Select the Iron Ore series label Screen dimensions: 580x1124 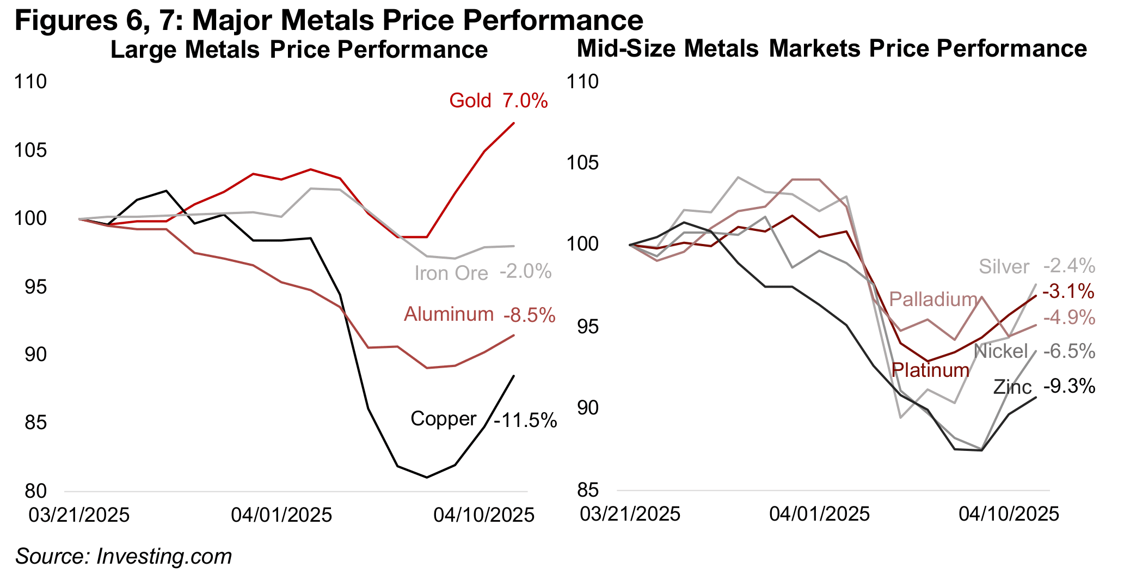[451, 273]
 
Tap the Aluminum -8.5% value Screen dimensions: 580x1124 [529, 315]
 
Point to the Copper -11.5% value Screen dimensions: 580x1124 [525, 420]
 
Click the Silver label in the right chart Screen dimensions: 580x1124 [1004, 267]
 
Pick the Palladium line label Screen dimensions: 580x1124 [933, 299]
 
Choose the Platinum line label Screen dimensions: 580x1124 [930, 370]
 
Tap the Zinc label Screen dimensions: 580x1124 [1012, 387]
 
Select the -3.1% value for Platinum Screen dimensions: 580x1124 [1068, 291]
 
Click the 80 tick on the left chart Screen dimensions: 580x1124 [36, 491]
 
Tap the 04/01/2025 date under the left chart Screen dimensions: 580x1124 [281, 515]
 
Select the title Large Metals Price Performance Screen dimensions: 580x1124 [299, 50]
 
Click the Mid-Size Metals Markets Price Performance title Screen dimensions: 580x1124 [832, 49]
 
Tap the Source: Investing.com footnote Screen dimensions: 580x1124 [124, 557]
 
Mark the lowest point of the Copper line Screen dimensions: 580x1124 [427, 478]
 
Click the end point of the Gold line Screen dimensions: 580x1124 [514, 123]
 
